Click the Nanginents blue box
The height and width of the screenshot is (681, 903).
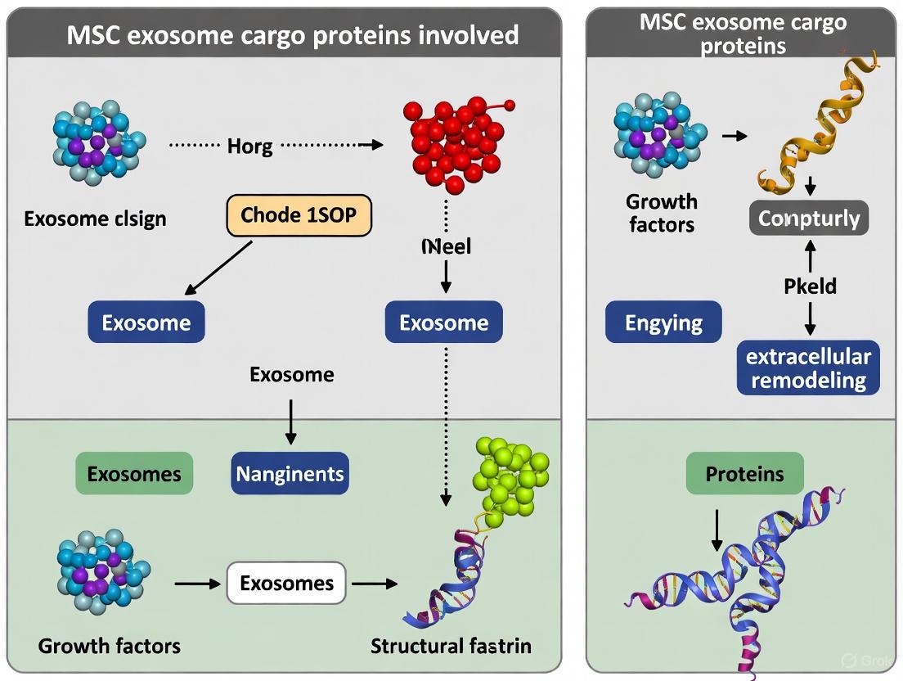pyautogui.click(x=290, y=473)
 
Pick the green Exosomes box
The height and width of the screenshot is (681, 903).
pyautogui.click(x=134, y=473)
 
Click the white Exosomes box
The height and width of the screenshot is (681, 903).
pyautogui.click(x=286, y=583)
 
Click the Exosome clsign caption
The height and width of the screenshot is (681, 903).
pyautogui.click(x=95, y=219)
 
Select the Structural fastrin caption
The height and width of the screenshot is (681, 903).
pyautogui.click(x=451, y=645)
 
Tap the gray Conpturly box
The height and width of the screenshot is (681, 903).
pyautogui.click(x=809, y=218)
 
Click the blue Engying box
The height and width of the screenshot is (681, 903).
pyautogui.click(x=663, y=322)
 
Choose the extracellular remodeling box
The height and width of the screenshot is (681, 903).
pyautogui.click(x=808, y=368)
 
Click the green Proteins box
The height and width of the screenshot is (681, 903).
pyautogui.click(x=744, y=473)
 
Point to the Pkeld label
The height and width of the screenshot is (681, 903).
pyautogui.click(x=809, y=286)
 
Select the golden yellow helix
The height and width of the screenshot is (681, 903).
pyautogui.click(x=810, y=123)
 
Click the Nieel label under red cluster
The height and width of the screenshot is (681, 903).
pyautogui.click(x=446, y=246)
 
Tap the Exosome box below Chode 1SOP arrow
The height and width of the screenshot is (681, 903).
pyautogui.click(x=146, y=322)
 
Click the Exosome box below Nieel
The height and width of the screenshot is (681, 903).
pyautogui.click(x=443, y=322)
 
